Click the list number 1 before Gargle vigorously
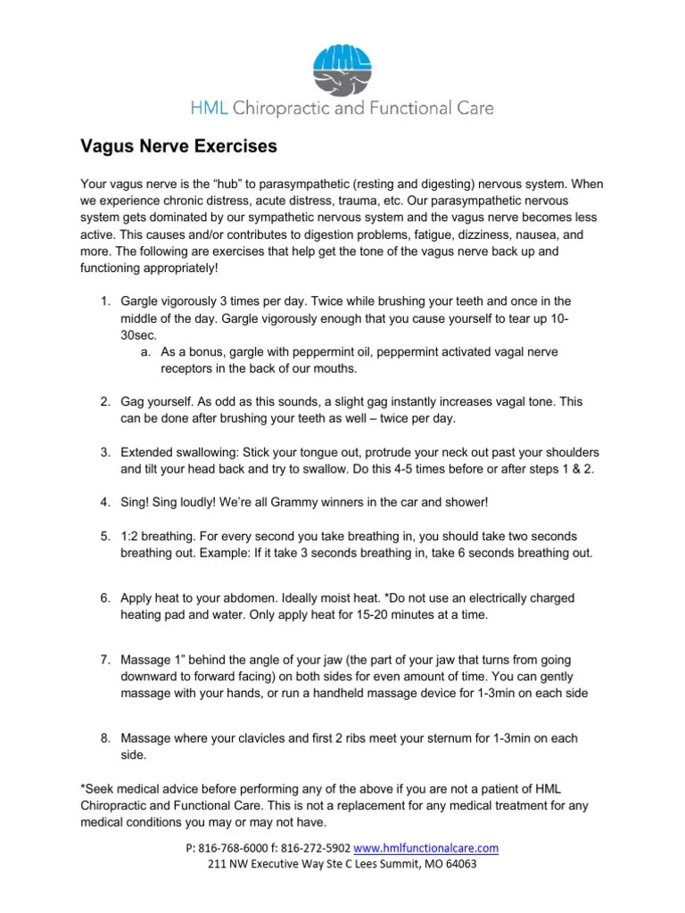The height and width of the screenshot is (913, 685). [x=104, y=301]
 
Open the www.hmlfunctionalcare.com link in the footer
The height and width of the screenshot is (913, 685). [x=426, y=847]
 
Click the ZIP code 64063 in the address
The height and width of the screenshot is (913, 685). [x=458, y=864]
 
